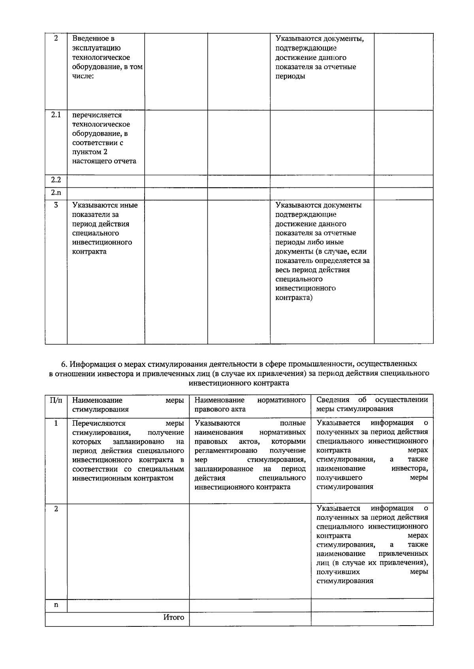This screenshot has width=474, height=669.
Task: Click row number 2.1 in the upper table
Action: (56, 115)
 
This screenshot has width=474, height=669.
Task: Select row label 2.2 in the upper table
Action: (56, 180)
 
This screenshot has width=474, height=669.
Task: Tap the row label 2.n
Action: (56, 193)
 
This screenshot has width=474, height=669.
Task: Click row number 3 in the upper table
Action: (56, 205)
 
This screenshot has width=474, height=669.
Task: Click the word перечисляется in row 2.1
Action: (97, 115)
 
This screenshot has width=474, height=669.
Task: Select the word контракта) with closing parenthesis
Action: (293, 297)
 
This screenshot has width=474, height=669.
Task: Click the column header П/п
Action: (56, 400)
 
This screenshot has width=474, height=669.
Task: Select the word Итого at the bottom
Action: (174, 617)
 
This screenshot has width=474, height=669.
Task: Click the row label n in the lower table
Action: (56, 605)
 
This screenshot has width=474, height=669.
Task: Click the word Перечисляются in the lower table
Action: (99, 423)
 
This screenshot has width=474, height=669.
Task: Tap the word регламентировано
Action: (226, 450)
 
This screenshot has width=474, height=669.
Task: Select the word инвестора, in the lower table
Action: (410, 469)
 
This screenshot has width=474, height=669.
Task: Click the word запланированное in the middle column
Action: (224, 469)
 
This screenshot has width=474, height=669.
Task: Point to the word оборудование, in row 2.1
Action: (100, 134)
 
